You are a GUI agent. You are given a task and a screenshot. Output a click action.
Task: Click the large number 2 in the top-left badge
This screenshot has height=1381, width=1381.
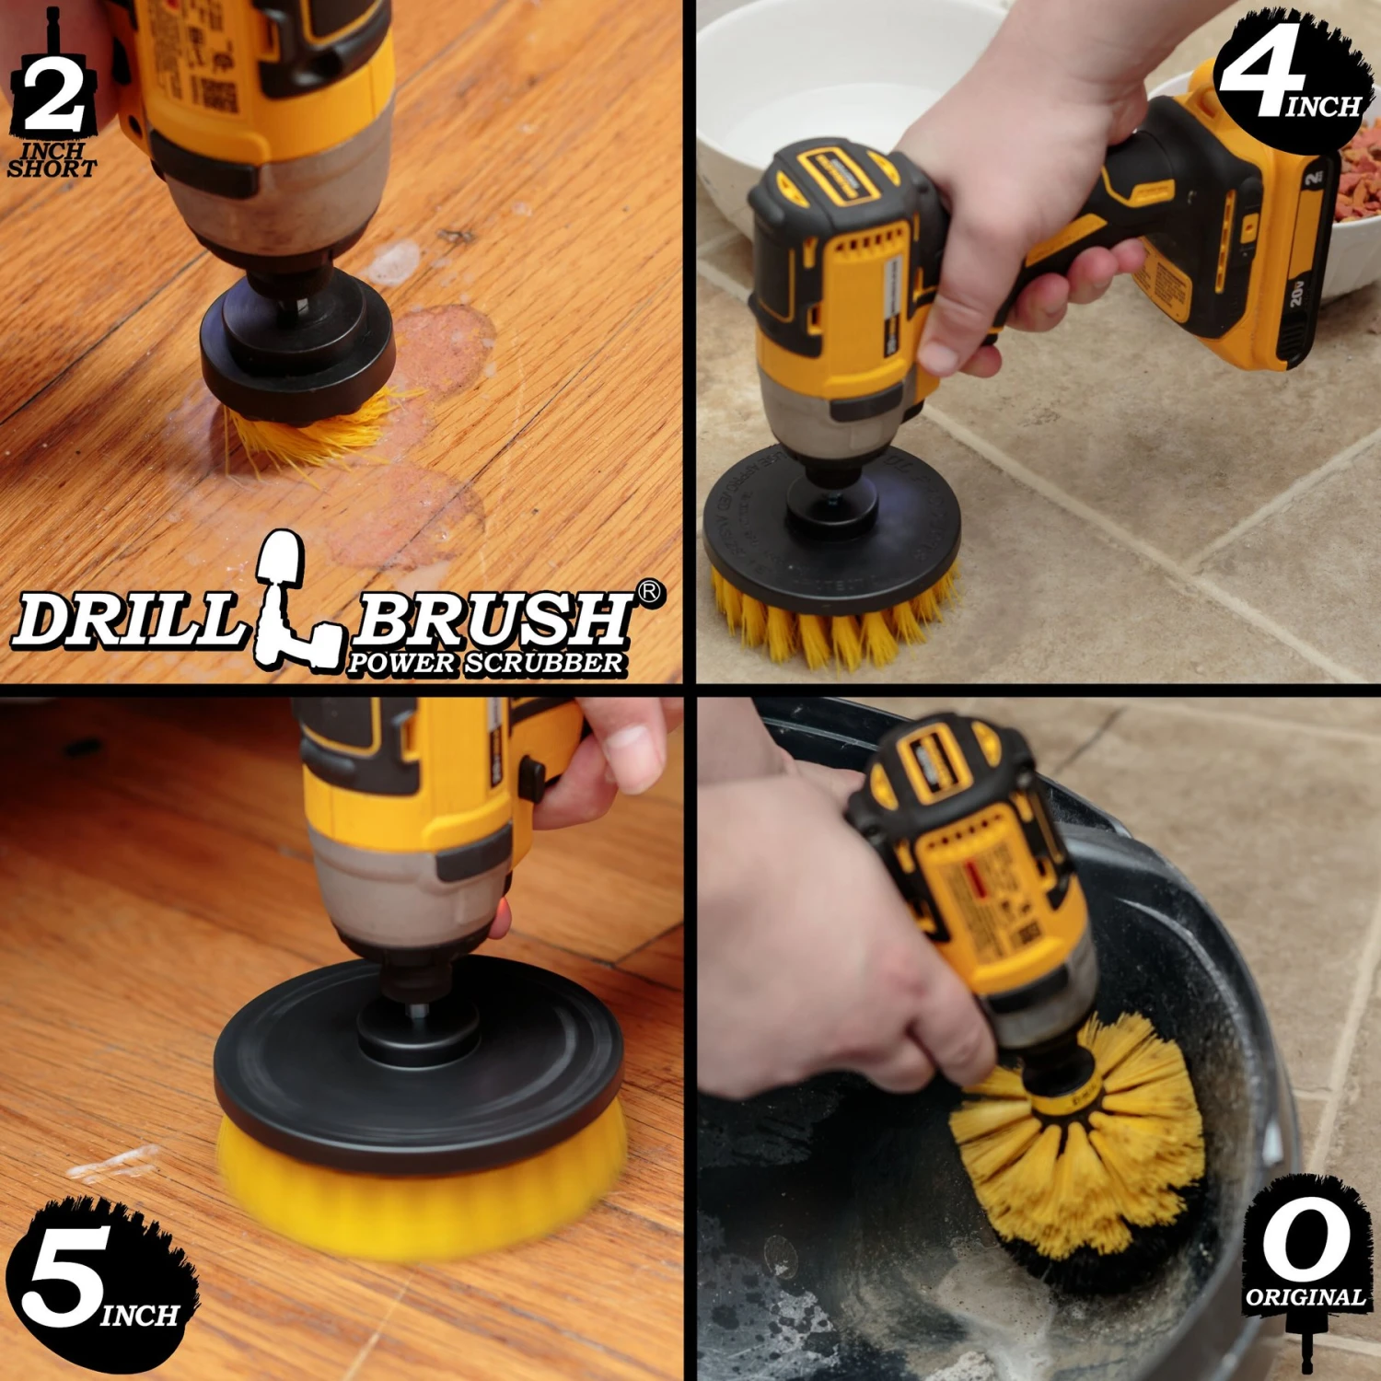pos(53,95)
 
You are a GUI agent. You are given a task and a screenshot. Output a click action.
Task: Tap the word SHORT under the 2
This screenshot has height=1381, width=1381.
pos(52,168)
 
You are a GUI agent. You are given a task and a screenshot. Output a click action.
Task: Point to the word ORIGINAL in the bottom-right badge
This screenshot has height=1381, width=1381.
pos(1305,1297)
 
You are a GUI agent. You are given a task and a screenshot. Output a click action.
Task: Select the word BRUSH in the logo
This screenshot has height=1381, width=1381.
pos(491,618)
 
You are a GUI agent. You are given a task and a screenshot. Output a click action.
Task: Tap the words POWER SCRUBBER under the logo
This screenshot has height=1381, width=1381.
pos(485,663)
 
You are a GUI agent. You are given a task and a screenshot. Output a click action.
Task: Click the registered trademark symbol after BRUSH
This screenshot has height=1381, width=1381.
pos(650,592)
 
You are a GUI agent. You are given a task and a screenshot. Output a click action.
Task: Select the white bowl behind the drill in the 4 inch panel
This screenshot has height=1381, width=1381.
pos(829,74)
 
